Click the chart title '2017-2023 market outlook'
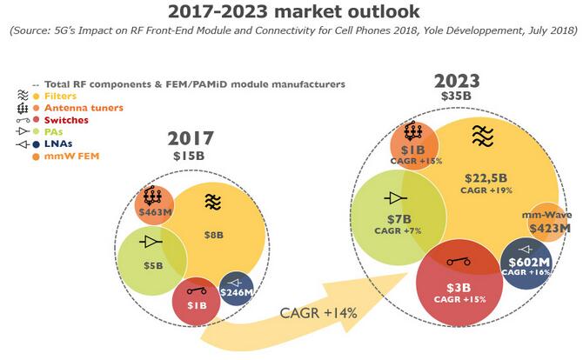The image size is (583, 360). point(291,12)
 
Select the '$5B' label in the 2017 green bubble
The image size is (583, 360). point(153,266)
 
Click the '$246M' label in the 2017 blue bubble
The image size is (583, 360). point(235,292)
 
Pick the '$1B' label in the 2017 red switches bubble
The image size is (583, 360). point(198,304)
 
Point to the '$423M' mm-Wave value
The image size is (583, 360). point(548,230)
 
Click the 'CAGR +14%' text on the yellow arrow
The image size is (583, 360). point(318,313)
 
